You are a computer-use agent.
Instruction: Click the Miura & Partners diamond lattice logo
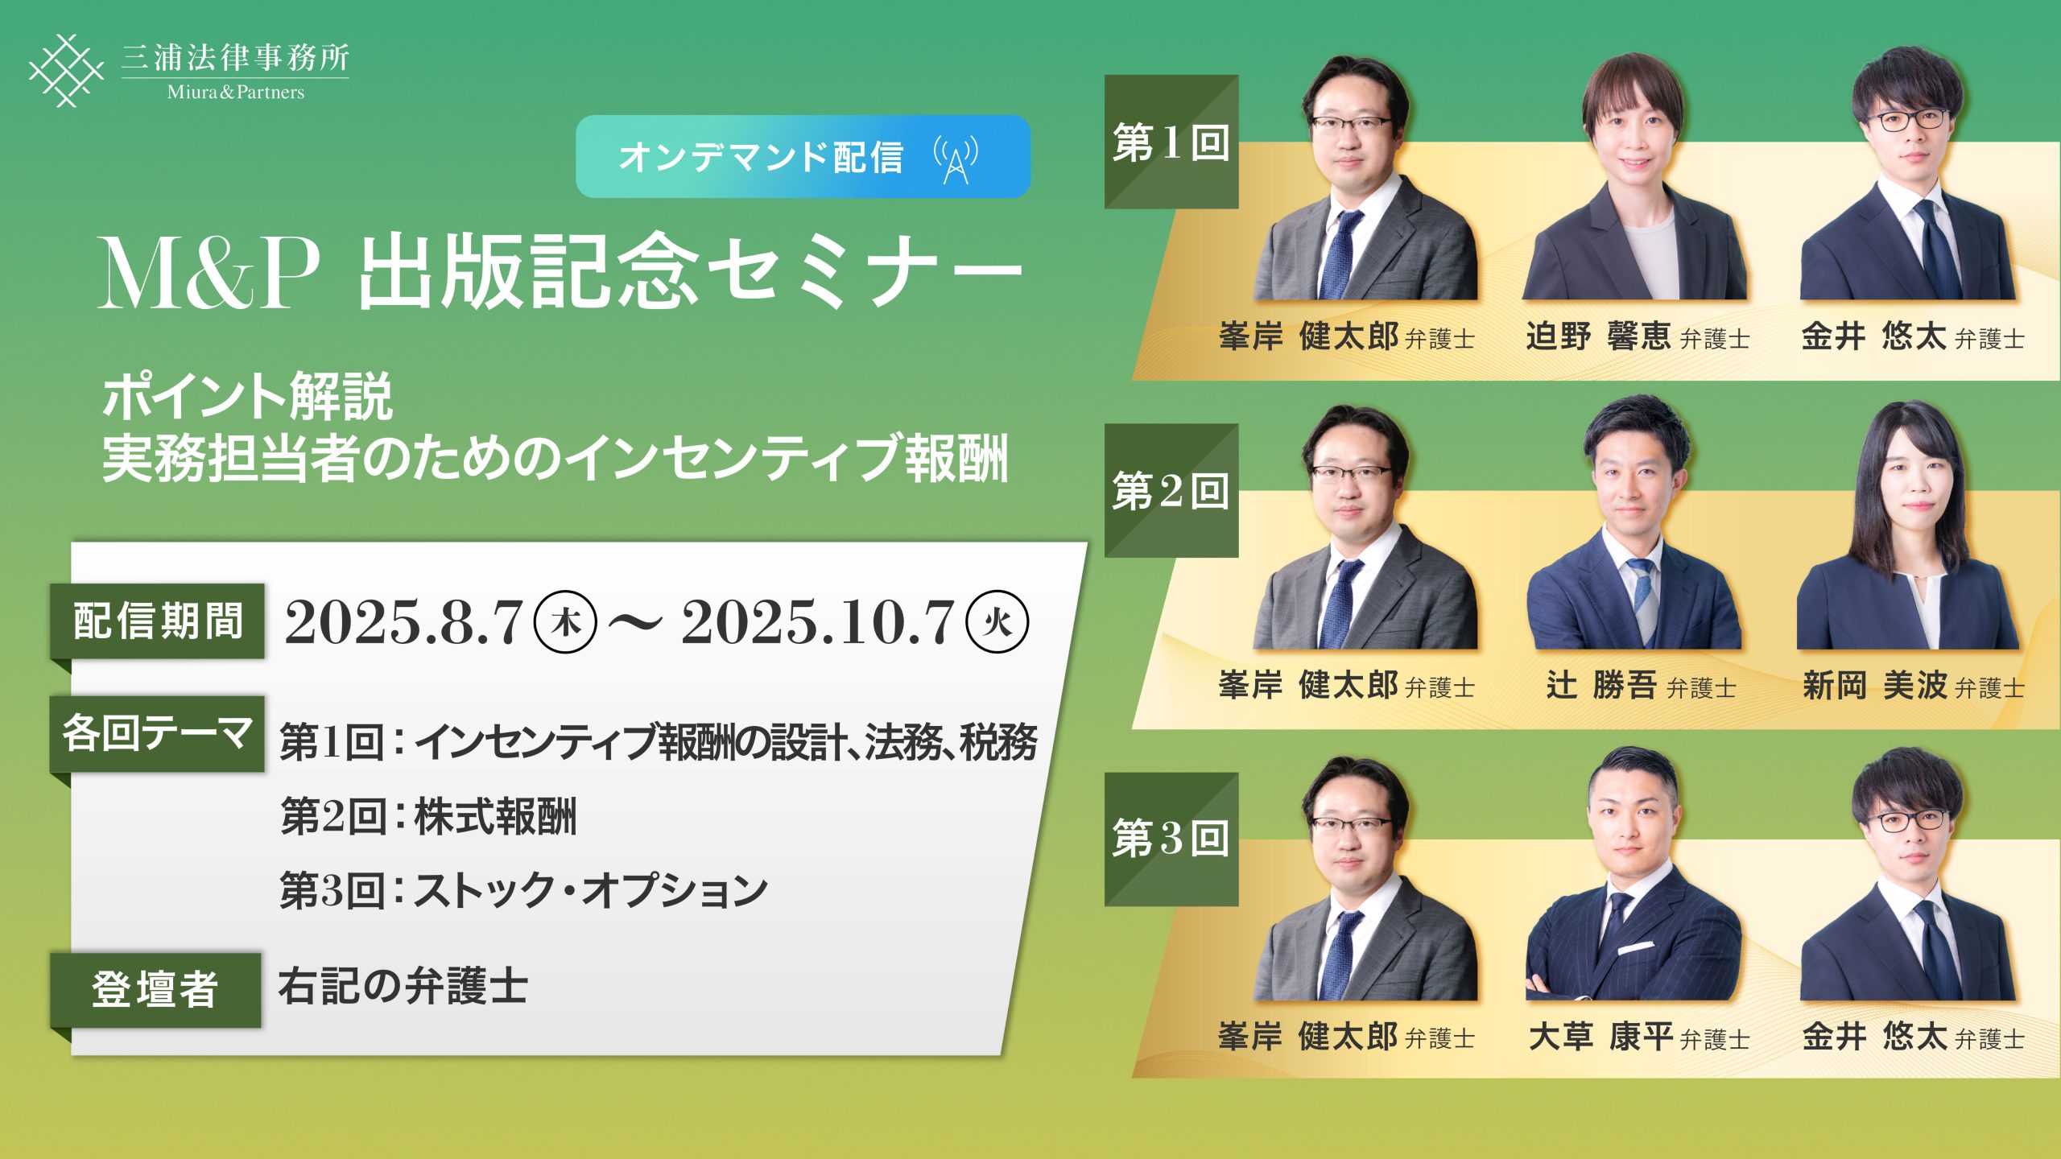pyautogui.click(x=66, y=70)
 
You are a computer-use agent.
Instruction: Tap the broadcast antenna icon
pyautogui.click(x=956, y=159)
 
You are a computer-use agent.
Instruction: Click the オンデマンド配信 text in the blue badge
pyautogui.click(x=761, y=157)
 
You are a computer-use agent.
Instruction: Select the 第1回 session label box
pyautogui.click(x=1171, y=142)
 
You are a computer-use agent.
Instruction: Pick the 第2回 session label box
pyautogui.click(x=1171, y=490)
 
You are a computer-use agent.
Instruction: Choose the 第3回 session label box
pyautogui.click(x=1171, y=839)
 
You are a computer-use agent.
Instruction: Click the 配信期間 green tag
pyautogui.click(x=158, y=621)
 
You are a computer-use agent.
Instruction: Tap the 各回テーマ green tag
pyautogui.click(x=158, y=734)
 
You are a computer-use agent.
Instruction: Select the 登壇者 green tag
pyautogui.click(x=156, y=990)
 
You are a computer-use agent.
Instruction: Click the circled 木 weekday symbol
pyautogui.click(x=566, y=622)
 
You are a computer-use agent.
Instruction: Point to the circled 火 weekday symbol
pyautogui.click(x=997, y=622)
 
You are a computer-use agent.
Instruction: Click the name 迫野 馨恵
pyautogui.click(x=1598, y=336)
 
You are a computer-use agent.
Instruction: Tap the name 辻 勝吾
pyautogui.click(x=1600, y=686)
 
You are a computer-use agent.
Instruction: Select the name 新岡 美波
pyautogui.click(x=1874, y=686)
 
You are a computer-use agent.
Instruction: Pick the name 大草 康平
pyautogui.click(x=1600, y=1037)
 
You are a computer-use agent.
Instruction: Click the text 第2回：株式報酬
pyautogui.click(x=428, y=816)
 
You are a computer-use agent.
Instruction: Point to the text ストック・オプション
pyautogui.click(x=591, y=891)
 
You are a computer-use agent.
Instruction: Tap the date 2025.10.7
pyautogui.click(x=818, y=622)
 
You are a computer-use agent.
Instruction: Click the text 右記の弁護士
pyautogui.click(x=403, y=987)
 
